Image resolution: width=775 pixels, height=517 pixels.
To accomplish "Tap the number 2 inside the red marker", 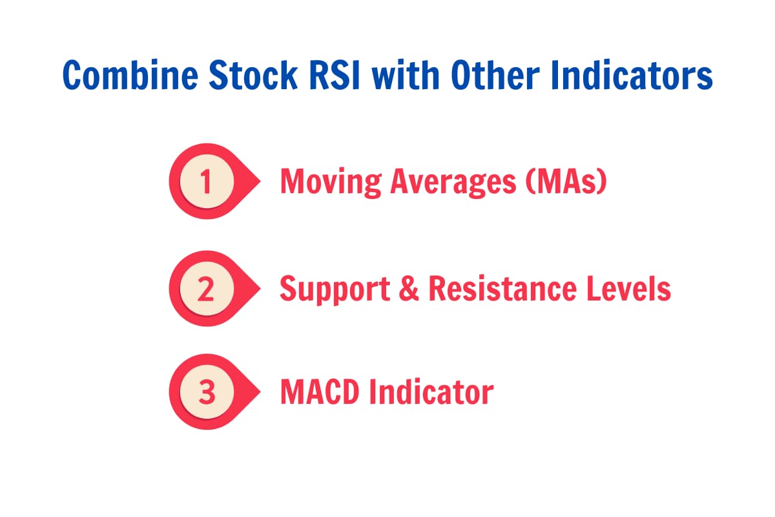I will point(205,289).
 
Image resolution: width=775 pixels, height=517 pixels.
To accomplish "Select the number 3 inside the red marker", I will point(205,392).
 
